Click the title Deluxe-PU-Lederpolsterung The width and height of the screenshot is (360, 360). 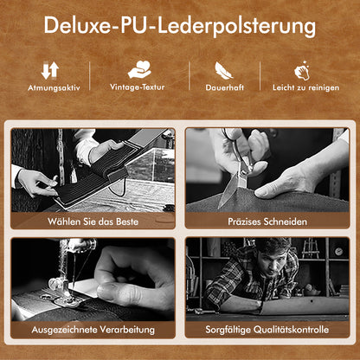tap(179, 26)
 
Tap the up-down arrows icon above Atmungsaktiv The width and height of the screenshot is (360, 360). tap(50, 70)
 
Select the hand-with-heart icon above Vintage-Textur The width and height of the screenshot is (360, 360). tap(139, 69)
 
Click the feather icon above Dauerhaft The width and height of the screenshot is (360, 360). tap(223, 70)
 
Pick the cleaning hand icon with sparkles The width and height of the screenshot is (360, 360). tap(302, 70)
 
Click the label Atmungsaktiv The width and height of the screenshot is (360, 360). tap(54, 87)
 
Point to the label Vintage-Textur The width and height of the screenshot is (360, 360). tap(138, 87)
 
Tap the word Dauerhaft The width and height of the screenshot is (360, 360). tap(225, 87)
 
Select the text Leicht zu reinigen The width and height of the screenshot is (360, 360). tap(305, 87)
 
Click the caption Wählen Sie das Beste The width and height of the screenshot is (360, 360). tap(93, 222)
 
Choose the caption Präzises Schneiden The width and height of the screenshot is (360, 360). tap(267, 222)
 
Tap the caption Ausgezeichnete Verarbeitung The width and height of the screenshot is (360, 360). tap(93, 330)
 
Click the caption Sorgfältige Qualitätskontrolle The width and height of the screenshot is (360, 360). tap(267, 330)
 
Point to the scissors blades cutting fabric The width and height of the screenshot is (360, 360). tap(229, 188)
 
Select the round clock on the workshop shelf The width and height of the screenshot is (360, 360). tap(338, 252)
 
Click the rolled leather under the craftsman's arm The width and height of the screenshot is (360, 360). tap(305, 305)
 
